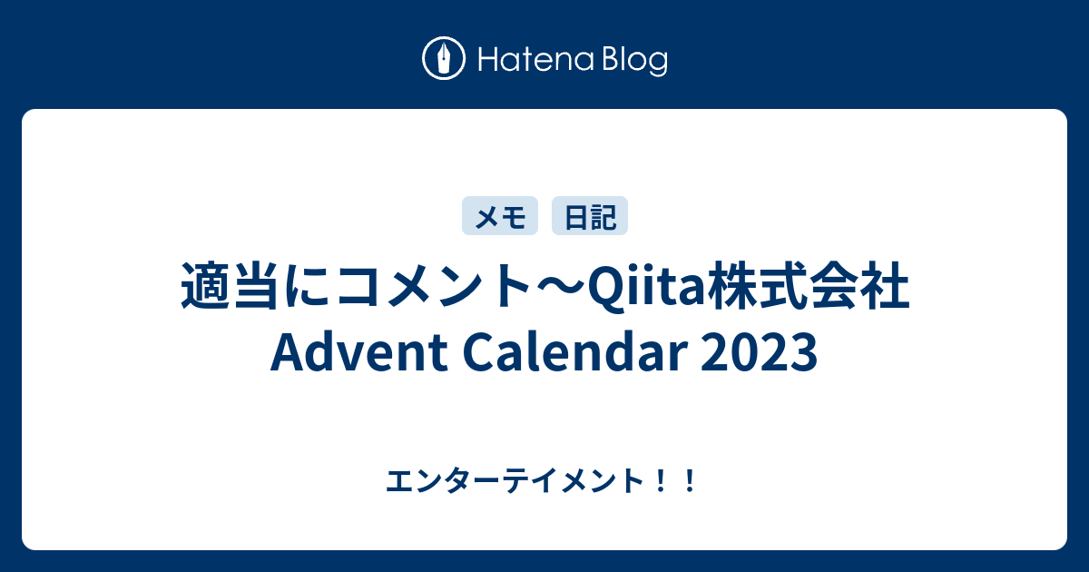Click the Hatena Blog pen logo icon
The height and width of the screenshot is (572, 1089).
click(x=445, y=60)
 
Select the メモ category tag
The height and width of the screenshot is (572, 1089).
click(x=500, y=217)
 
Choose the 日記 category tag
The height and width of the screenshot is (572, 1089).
click(x=590, y=217)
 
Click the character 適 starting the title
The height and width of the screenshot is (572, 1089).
click(x=201, y=289)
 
